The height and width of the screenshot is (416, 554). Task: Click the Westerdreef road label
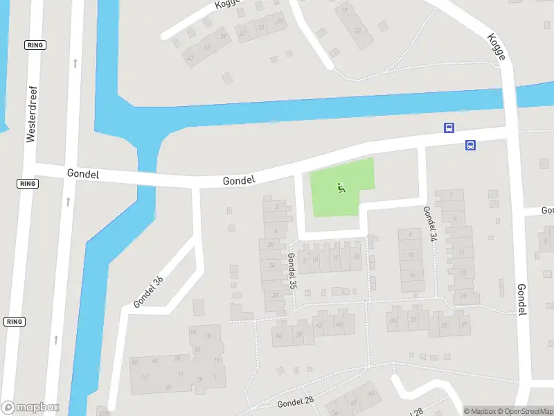coord(30,115)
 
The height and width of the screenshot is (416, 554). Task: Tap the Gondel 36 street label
coord(148,293)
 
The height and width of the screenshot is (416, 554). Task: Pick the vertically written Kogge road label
coord(496,47)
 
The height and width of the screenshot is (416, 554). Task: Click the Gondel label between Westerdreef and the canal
coord(83,174)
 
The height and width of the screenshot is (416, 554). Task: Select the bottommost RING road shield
coord(14,322)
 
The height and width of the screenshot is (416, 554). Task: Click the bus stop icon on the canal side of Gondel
coord(449,128)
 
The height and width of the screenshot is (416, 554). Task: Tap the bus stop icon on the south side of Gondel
coord(470,145)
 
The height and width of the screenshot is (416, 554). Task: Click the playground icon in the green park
coord(340,187)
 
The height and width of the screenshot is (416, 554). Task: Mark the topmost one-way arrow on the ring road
coord(75,64)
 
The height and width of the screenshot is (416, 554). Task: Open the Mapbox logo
coord(30,408)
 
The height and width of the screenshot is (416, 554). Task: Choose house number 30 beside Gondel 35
coord(276,294)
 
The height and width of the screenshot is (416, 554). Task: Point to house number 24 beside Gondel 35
coord(272,265)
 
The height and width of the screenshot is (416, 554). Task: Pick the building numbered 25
coord(444,325)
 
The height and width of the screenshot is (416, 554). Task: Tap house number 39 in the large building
coord(199,379)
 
